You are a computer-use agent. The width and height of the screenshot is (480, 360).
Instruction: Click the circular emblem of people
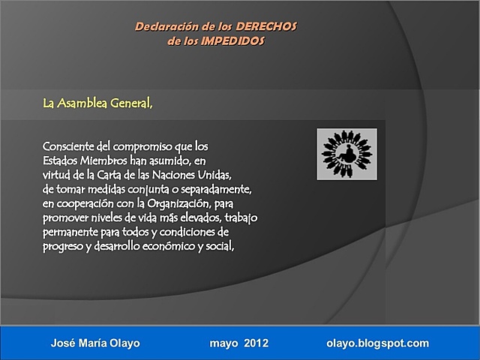coord(346,154)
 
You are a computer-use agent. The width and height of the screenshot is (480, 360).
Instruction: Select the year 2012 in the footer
coord(253,343)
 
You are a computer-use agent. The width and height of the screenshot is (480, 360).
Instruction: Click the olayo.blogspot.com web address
coord(378,343)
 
